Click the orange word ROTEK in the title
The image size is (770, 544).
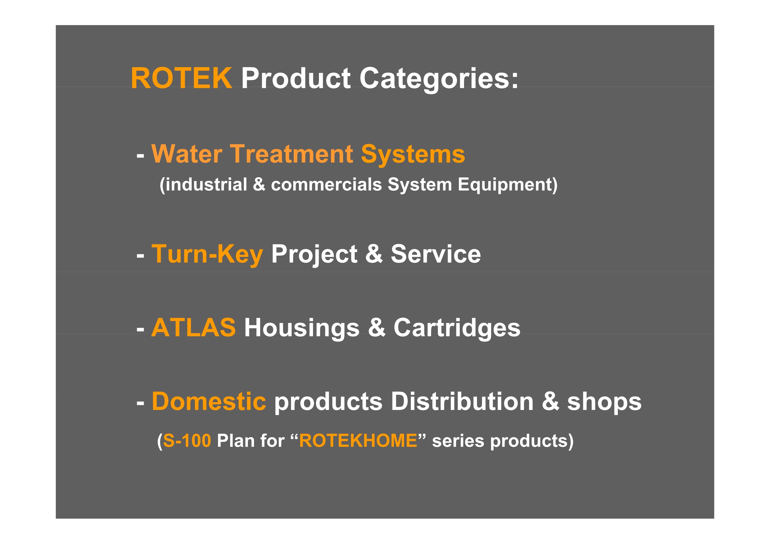click(x=182, y=78)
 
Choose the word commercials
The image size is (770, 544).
click(x=326, y=185)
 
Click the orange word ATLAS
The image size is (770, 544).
click(x=194, y=327)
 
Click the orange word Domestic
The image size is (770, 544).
click(x=209, y=401)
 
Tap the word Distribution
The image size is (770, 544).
click(x=462, y=401)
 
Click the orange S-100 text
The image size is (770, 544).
click(x=187, y=440)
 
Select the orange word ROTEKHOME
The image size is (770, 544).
click(x=358, y=440)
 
